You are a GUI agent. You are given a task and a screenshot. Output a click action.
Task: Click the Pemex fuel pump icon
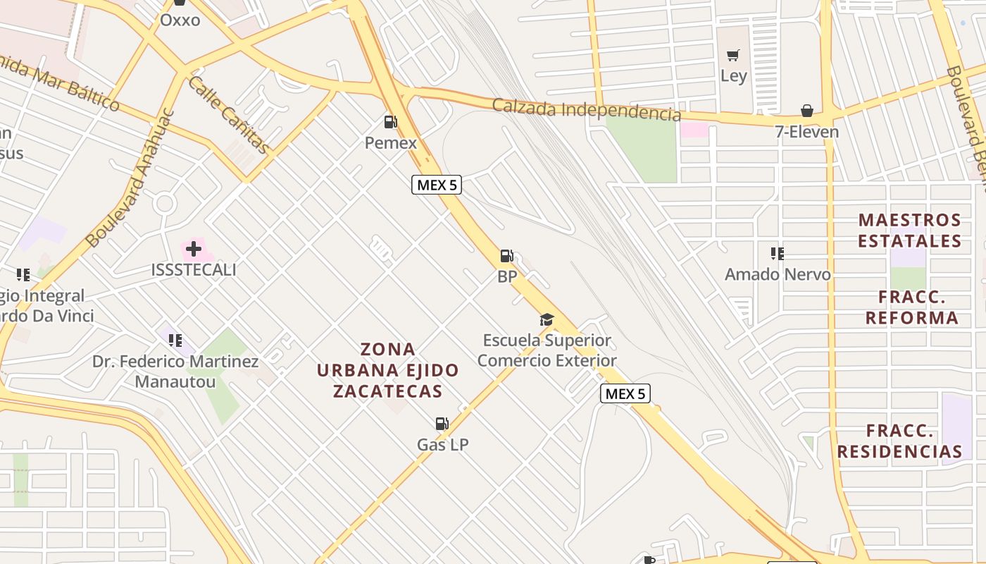(390, 122)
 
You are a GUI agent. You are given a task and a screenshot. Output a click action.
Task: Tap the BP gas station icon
(506, 256)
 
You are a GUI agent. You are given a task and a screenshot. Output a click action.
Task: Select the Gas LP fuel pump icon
(442, 424)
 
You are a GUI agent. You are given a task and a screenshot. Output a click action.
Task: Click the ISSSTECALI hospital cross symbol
(194, 248)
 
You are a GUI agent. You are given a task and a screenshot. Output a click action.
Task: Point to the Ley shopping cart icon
(733, 55)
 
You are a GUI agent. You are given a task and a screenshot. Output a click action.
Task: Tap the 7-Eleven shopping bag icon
(806, 111)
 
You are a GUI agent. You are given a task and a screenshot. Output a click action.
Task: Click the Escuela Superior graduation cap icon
(547, 320)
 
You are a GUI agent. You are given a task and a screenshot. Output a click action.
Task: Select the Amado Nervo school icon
(777, 254)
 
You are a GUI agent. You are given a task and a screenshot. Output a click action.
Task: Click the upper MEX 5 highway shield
(437, 185)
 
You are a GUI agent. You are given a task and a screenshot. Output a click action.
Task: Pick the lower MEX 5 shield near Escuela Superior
(625, 393)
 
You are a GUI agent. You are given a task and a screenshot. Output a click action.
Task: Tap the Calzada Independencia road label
(587, 110)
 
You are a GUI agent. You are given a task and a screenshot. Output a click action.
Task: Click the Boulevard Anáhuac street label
(130, 178)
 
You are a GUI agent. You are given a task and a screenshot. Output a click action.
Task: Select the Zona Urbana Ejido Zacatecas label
(387, 370)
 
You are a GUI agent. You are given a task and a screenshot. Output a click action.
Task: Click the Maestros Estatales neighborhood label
(910, 231)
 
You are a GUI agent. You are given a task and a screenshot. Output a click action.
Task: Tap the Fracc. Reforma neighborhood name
(911, 307)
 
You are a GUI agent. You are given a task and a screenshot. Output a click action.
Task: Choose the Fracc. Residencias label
(899, 441)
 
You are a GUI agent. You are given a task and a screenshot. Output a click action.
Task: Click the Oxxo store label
(180, 20)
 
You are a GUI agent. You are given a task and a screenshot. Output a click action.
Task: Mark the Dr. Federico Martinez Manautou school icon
(175, 341)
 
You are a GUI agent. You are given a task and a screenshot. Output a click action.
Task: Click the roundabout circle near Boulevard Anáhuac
(165, 204)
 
